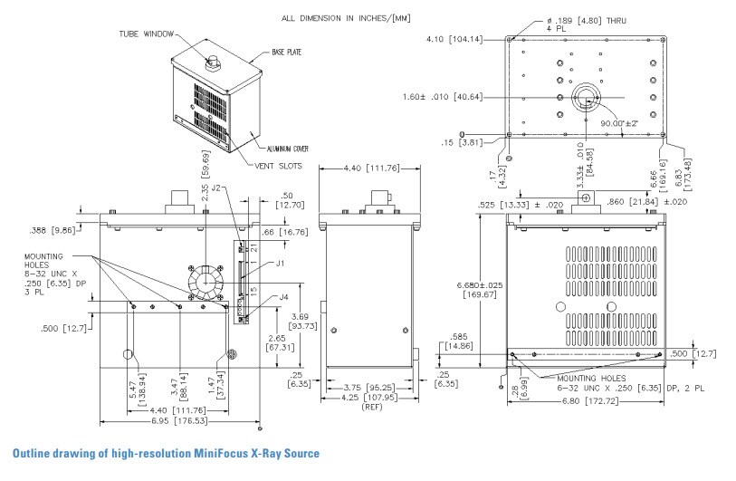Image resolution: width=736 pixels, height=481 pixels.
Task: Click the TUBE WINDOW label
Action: (144, 34)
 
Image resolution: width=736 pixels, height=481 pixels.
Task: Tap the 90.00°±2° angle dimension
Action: (616, 123)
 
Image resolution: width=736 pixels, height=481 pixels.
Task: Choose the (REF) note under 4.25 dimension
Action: (372, 408)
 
